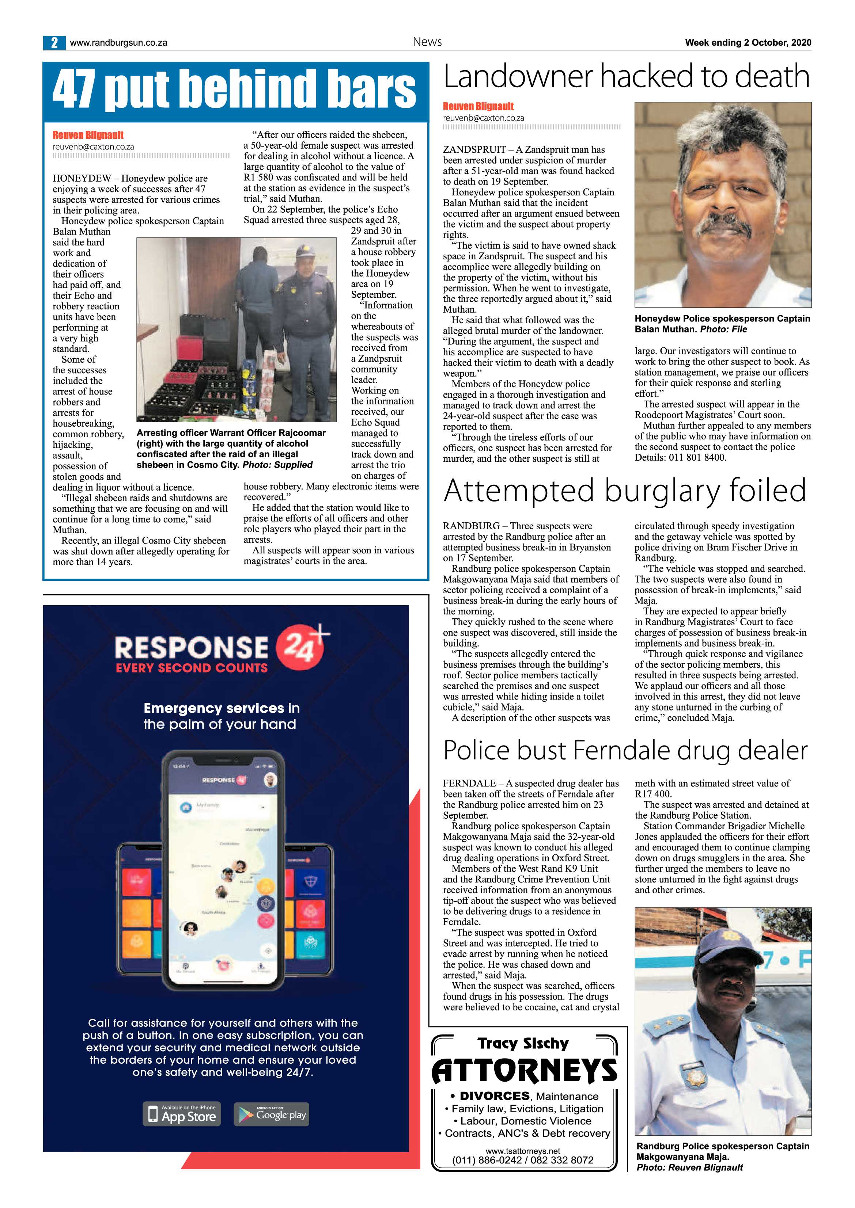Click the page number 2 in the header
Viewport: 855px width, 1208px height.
click(54, 43)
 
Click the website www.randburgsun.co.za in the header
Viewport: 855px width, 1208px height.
click(118, 43)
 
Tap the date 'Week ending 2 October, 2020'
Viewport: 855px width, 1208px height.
click(748, 43)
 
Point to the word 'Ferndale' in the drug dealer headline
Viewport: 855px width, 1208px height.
click(621, 750)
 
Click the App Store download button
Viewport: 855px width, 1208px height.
click(182, 1114)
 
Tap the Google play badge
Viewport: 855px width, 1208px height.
click(272, 1114)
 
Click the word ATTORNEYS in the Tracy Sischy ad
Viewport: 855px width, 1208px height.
click(524, 1070)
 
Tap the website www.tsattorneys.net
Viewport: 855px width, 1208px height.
click(522, 1151)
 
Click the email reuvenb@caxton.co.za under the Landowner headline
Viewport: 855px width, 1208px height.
click(483, 118)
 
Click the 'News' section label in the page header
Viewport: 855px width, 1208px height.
click(427, 42)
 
